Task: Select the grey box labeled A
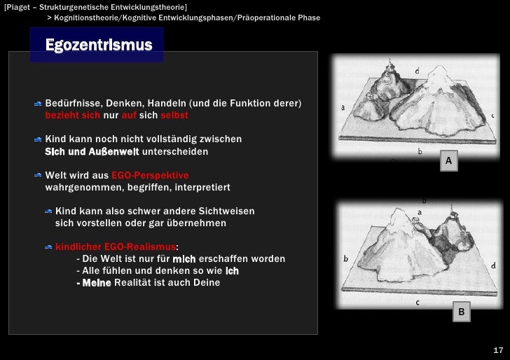449,162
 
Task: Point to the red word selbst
174,115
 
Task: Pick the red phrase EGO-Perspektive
150,175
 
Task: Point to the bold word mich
184,259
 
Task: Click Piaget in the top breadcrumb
18,6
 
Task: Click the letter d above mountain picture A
418,71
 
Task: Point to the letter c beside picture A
492,116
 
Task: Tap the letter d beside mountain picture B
494,266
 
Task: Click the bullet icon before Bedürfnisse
37,104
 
